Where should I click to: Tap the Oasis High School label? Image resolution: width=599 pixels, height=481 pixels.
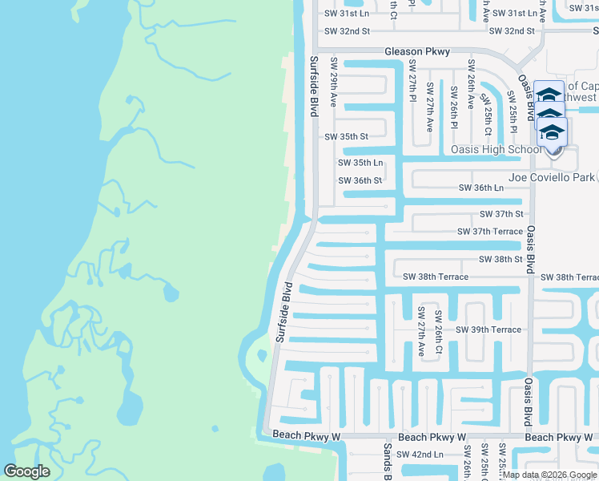(496, 150)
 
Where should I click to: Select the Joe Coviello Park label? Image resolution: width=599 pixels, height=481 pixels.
(552, 177)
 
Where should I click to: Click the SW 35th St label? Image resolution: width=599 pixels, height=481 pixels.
(346, 137)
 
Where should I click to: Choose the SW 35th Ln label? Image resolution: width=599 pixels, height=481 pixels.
(360, 164)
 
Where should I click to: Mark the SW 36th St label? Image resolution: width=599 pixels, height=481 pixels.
(360, 181)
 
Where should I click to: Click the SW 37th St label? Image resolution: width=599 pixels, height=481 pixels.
(501, 215)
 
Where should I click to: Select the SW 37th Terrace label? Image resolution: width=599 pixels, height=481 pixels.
(489, 232)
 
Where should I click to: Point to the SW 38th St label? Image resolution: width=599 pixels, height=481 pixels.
(501, 260)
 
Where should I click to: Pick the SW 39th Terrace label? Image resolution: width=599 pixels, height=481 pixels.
(488, 330)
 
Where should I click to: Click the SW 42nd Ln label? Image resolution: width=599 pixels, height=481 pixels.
(420, 455)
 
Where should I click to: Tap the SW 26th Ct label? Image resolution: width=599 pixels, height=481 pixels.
(439, 333)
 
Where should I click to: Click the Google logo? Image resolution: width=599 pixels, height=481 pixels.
(26, 471)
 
